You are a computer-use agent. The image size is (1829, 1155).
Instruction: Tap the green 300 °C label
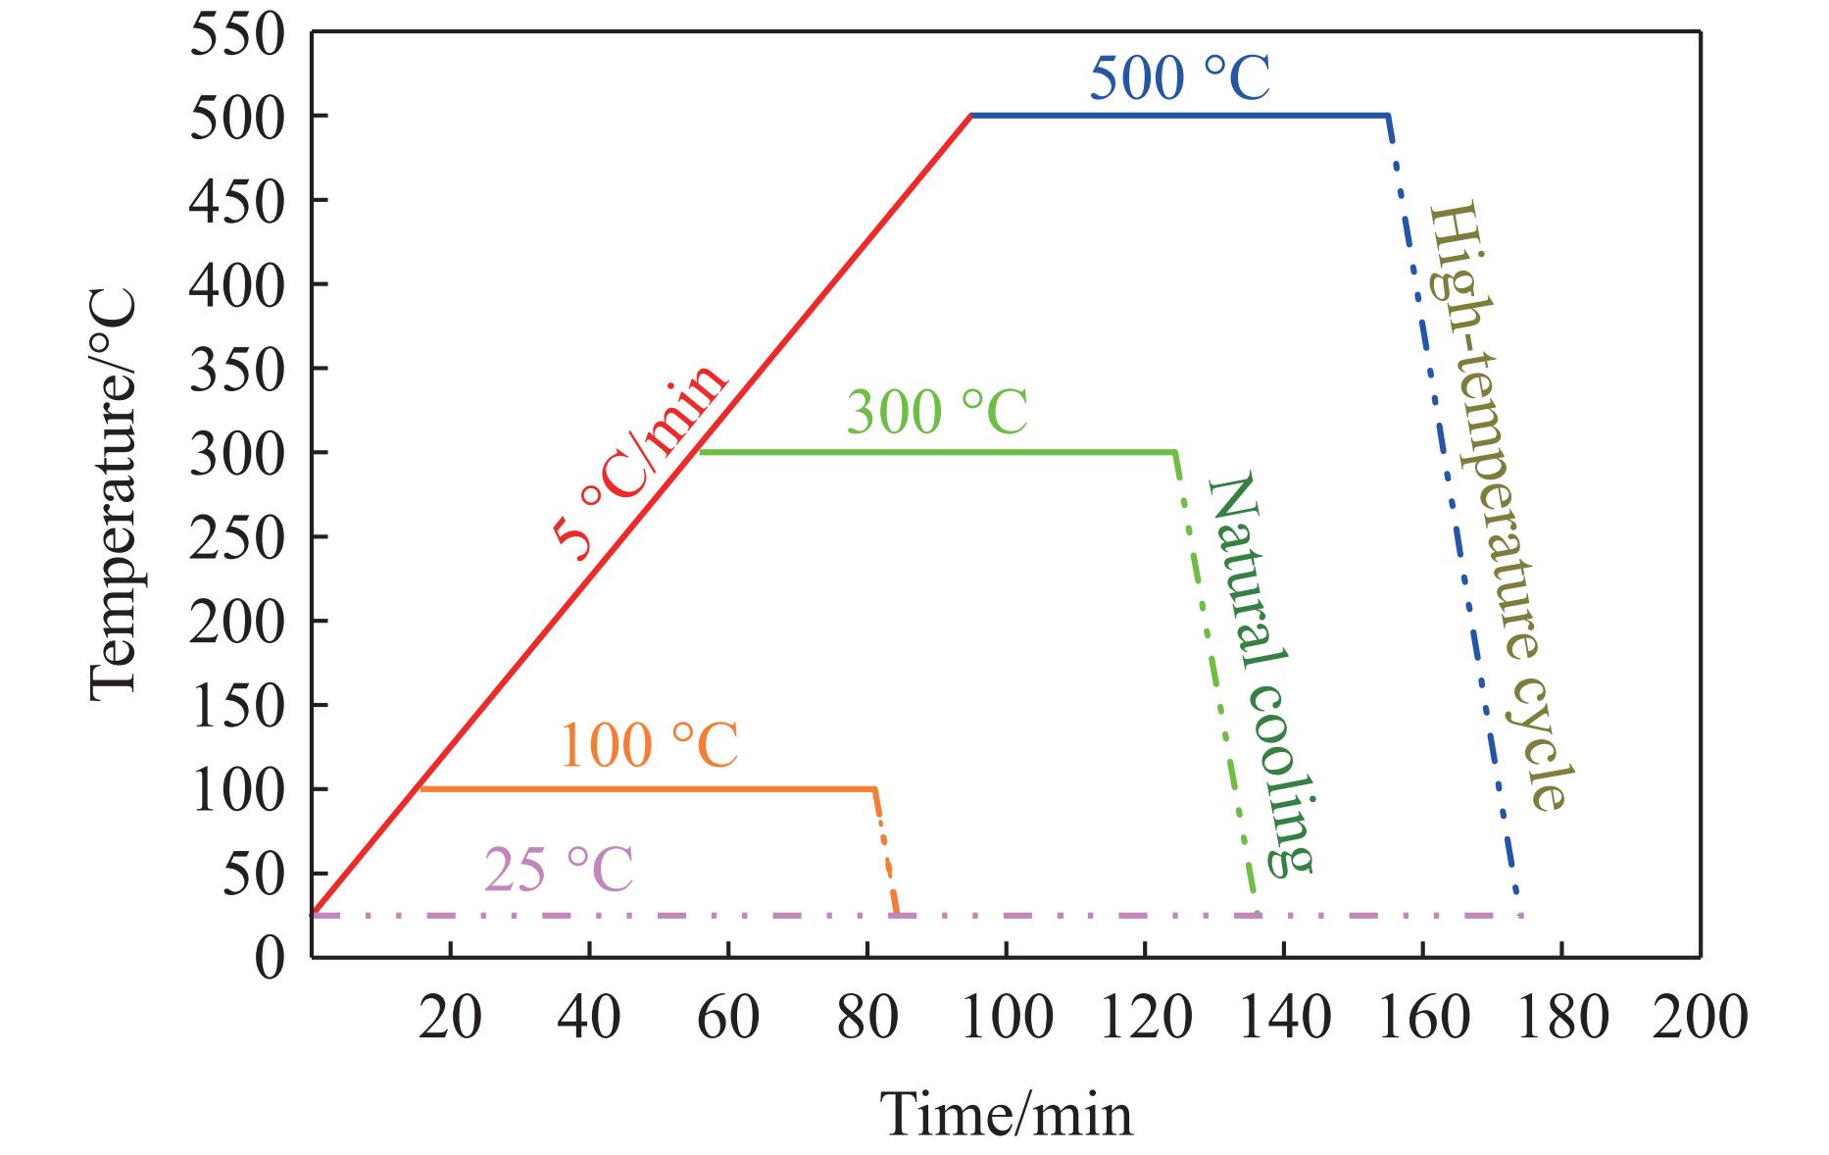pyautogui.click(x=937, y=413)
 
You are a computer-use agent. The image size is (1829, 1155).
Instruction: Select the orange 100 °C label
pyautogui.click(x=649, y=747)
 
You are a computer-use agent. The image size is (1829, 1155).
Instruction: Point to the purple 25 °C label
pyautogui.click(x=559, y=870)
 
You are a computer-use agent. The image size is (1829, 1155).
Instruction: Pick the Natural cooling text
pyautogui.click(x=1260, y=674)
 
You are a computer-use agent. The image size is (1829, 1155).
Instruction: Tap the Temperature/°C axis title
pyautogui.click(x=113, y=493)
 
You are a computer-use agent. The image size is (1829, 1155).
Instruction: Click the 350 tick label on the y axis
pyautogui.click(x=237, y=370)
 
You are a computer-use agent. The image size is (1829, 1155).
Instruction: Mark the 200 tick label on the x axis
pyautogui.click(x=1700, y=1017)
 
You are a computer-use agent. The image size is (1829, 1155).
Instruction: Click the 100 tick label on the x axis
pyautogui.click(x=1006, y=1017)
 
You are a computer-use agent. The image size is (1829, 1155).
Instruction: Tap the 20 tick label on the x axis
pyautogui.click(x=450, y=1017)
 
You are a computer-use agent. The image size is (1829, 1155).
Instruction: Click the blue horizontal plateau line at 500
pyautogui.click(x=1176, y=116)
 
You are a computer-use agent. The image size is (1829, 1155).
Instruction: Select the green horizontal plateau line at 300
pyautogui.click(x=931, y=452)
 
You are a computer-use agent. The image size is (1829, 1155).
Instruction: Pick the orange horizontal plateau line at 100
pyautogui.click(x=647, y=788)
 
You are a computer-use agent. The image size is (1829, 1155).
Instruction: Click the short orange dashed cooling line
pyautogui.click(x=886, y=853)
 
